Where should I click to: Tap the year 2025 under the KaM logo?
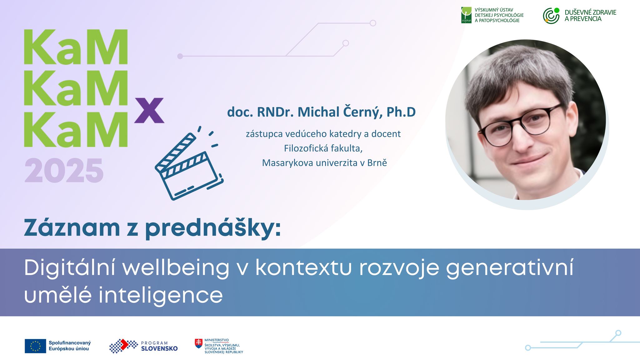pyautogui.click(x=64, y=171)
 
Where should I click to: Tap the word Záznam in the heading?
pyautogui.click(x=72, y=228)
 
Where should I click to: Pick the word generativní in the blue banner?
pyautogui.click(x=510, y=268)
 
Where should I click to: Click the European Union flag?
pyautogui.click(x=35, y=346)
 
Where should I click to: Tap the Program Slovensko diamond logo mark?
pyautogui.click(x=123, y=346)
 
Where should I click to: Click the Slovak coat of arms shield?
pyautogui.click(x=198, y=343)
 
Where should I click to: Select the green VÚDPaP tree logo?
pyautogui.click(x=466, y=15)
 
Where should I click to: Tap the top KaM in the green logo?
pyautogui.click(x=76, y=47)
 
